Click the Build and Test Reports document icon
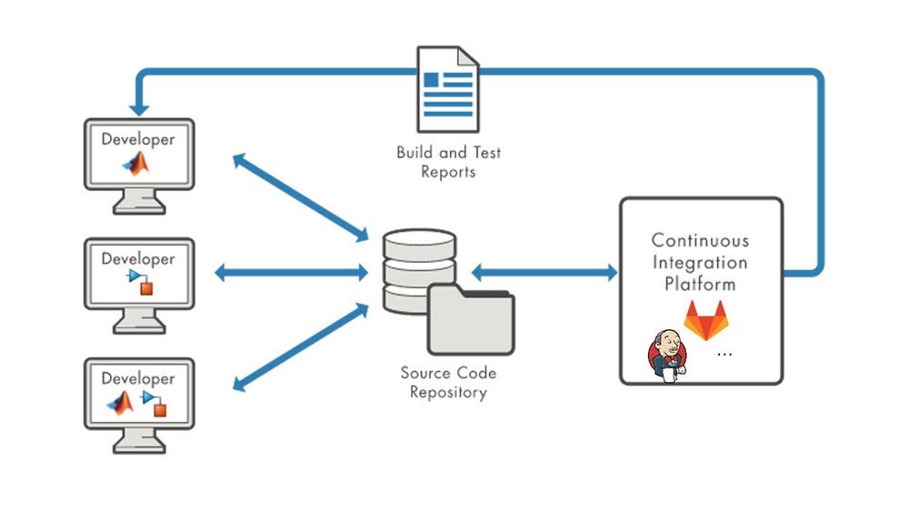[x=447, y=88]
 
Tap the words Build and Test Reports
[x=448, y=162]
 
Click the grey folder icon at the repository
[x=471, y=320]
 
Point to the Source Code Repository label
[x=448, y=383]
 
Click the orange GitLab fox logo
[x=704, y=321]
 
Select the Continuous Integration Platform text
[x=700, y=262]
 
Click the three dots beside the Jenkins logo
[x=724, y=354]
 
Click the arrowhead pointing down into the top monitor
[x=139, y=107]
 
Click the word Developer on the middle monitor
[x=138, y=259]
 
